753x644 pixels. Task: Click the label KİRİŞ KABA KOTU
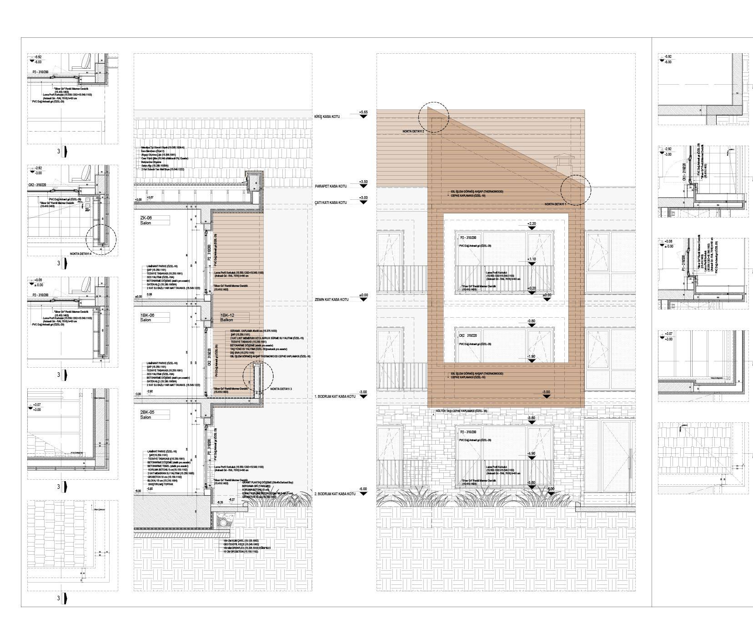pyautogui.click(x=327, y=117)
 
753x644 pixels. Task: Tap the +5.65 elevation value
pyautogui.click(x=363, y=112)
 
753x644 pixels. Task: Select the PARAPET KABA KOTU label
pyautogui.click(x=331, y=187)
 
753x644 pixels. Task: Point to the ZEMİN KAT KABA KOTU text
pyautogui.click(x=331, y=299)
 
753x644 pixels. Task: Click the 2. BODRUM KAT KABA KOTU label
pyautogui.click(x=334, y=494)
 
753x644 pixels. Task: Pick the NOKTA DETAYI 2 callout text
pyautogui.click(x=413, y=131)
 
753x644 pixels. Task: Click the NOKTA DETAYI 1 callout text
pyautogui.click(x=555, y=204)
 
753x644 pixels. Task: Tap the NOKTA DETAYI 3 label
pyautogui.click(x=281, y=389)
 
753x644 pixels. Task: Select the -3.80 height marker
pyautogui.click(x=531, y=418)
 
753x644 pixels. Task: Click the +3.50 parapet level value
pyautogui.click(x=363, y=182)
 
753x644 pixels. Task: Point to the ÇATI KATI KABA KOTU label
pyautogui.click(x=331, y=203)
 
